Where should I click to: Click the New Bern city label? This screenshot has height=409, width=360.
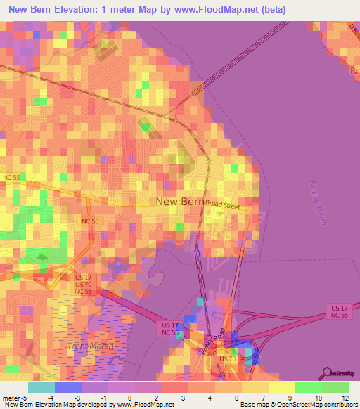[x=179, y=202]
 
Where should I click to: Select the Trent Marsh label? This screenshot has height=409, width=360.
[x=89, y=346]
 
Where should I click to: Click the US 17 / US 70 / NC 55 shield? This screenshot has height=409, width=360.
[x=83, y=285]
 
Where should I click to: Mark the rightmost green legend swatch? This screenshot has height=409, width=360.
[x=335, y=387]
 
